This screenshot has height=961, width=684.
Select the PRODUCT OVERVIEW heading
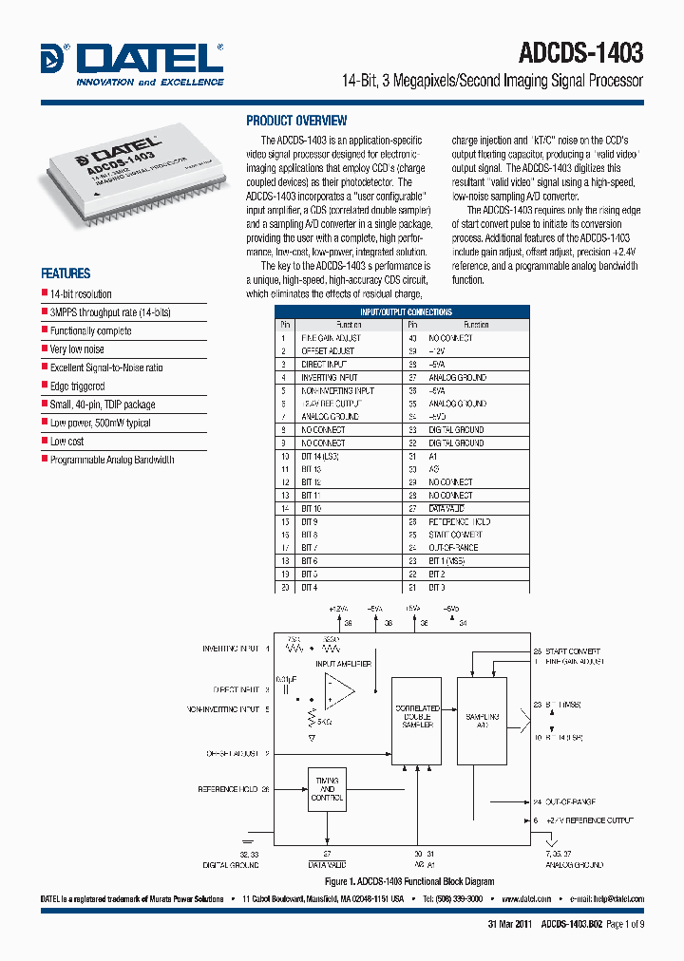point(296,121)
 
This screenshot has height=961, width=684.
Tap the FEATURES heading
point(66,273)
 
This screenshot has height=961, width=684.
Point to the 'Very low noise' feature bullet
point(77,349)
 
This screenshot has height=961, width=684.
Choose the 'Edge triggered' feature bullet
point(77,386)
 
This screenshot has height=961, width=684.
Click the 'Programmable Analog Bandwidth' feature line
point(112,460)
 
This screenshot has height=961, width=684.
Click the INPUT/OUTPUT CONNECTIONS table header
point(406,311)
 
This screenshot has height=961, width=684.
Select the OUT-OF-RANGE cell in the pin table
point(453,548)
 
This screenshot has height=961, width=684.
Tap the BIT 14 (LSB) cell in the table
point(320,456)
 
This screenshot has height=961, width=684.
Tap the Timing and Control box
point(327,788)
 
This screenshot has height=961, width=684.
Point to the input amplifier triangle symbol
point(336,690)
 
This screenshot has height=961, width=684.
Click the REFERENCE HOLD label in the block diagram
point(228,789)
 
